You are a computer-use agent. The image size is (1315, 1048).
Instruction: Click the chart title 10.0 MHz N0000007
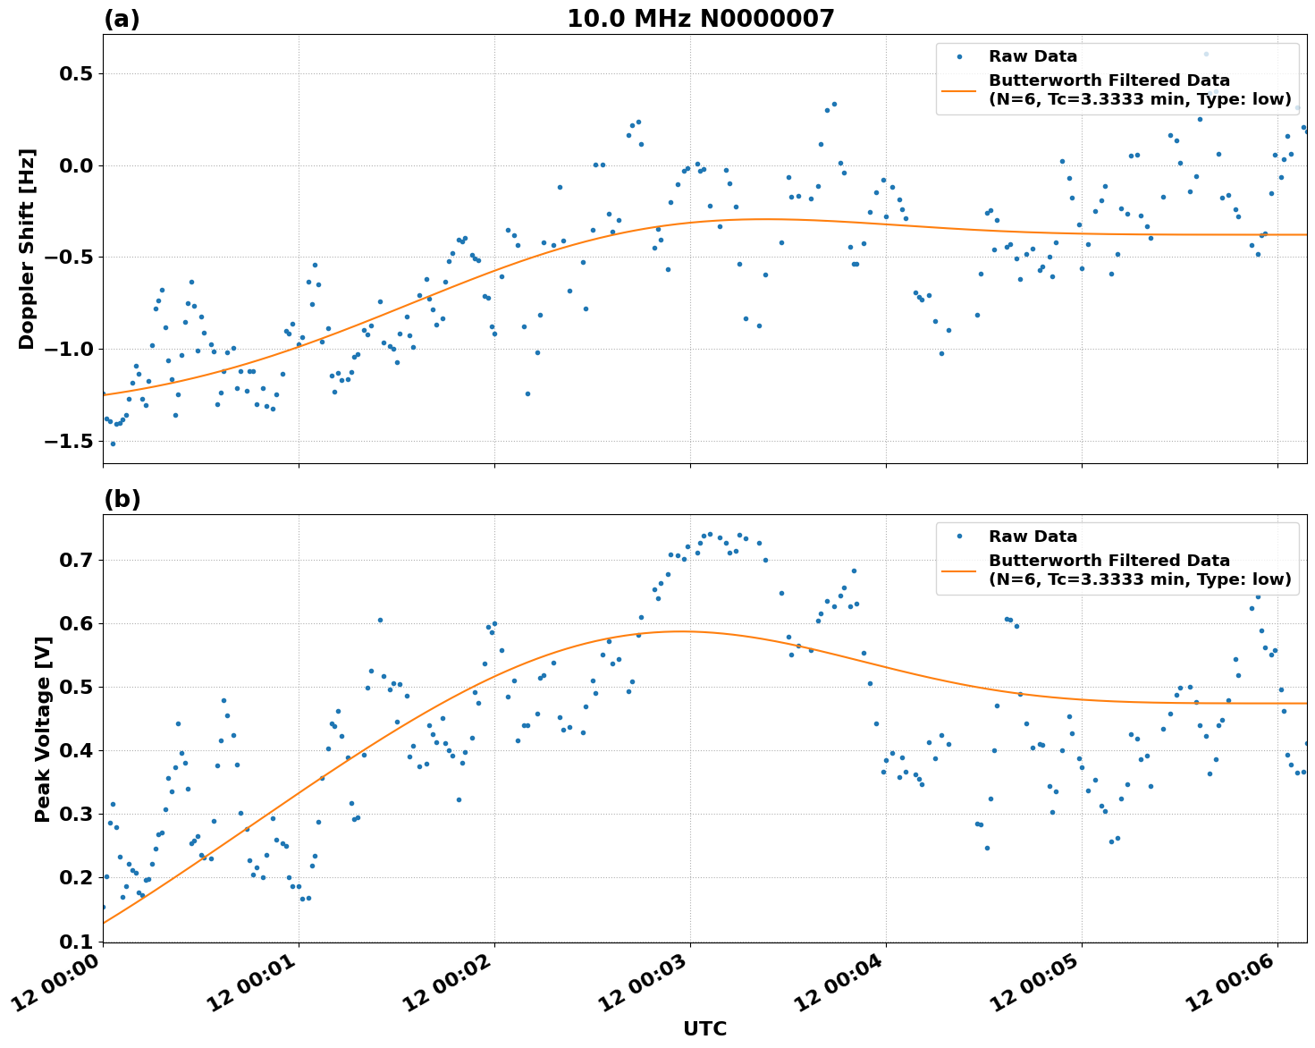coord(700,19)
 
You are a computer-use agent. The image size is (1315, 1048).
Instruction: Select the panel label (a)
coord(122,19)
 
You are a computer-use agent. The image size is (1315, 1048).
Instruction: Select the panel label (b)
coord(122,499)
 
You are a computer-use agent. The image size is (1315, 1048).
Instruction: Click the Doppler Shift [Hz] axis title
coord(27,249)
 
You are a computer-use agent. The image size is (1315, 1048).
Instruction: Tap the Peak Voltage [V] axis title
coord(42,729)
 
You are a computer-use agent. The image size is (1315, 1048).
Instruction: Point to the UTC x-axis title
coord(704,1028)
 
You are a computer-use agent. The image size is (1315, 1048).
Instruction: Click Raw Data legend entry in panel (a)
coord(1033,56)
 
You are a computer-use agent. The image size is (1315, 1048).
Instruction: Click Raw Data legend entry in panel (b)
coord(1033,537)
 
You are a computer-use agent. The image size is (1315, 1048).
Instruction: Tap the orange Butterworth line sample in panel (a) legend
coord(959,89)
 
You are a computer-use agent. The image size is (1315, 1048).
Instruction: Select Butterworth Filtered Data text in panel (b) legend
coord(1108,561)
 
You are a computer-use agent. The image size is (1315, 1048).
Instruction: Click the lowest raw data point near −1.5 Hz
coord(112,444)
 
